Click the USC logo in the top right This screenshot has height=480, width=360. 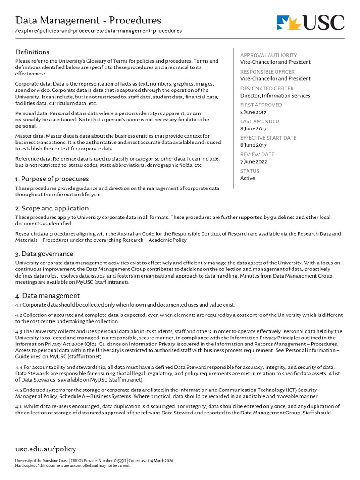[310, 22]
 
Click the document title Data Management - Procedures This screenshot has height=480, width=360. [89, 20]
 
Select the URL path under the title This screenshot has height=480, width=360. [98, 31]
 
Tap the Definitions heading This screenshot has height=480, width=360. [32, 52]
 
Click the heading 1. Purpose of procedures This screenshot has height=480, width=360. [52, 179]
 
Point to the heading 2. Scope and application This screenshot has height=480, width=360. [52, 208]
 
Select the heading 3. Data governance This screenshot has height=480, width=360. [45, 254]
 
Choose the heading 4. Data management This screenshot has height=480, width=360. [47, 296]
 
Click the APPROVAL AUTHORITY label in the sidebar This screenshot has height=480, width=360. [269, 55]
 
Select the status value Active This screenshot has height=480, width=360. [247, 178]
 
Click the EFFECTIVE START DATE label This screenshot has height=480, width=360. [268, 138]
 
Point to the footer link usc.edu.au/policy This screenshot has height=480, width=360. [45, 449]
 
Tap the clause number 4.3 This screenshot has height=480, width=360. [19, 331]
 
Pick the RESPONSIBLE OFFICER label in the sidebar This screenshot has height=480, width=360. [268, 72]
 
